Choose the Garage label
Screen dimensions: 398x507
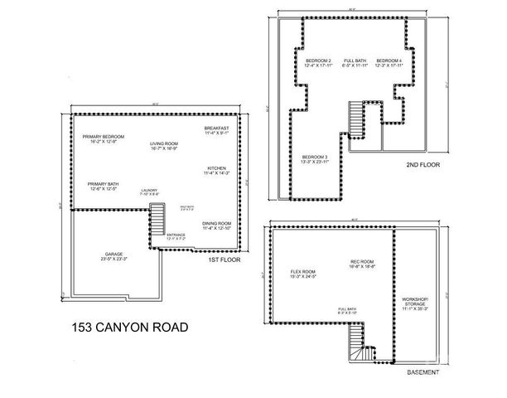click(114, 255)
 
